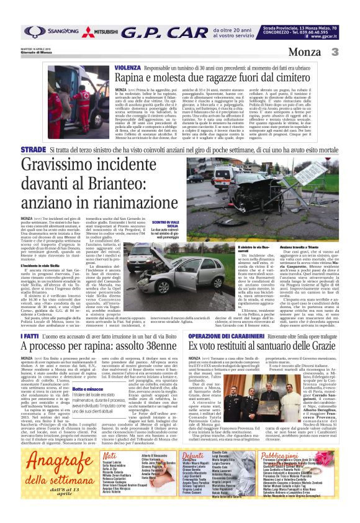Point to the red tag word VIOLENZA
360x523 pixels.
127,67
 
